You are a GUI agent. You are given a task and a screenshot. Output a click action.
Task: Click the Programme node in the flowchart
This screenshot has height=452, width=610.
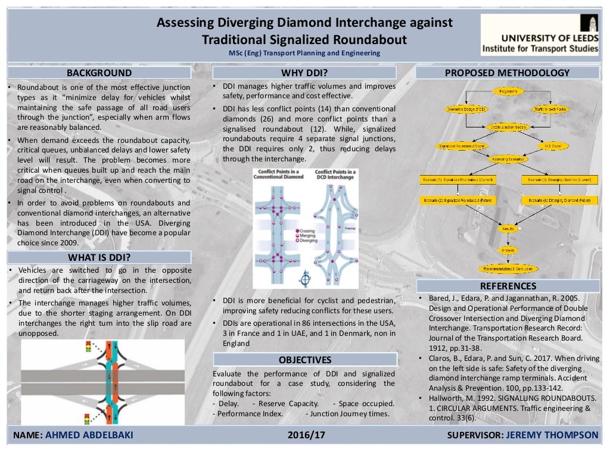click(x=508, y=91)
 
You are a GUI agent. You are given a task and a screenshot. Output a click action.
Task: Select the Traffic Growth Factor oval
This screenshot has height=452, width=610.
click(x=550, y=110)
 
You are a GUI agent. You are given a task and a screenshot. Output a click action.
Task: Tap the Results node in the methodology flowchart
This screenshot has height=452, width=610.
click(x=508, y=228)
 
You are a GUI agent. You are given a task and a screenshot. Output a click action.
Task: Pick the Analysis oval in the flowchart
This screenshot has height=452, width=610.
click(x=508, y=250)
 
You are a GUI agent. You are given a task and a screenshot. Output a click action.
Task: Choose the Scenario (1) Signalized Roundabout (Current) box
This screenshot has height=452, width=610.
click(x=458, y=179)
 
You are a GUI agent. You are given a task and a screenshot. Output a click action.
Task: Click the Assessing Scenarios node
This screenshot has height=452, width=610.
click(x=508, y=159)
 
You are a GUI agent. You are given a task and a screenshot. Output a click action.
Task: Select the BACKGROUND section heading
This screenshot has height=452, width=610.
click(x=99, y=73)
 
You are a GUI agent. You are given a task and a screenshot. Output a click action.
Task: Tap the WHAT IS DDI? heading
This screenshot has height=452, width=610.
click(x=99, y=257)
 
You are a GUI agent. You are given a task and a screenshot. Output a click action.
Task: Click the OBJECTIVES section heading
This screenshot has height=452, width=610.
click(x=305, y=360)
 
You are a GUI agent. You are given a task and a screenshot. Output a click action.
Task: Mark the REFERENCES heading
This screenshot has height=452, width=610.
click(x=508, y=286)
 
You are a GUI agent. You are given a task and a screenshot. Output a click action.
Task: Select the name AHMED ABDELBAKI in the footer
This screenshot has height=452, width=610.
click(x=90, y=435)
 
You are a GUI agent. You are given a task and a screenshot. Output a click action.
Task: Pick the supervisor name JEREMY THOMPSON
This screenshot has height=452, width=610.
click(x=552, y=435)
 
